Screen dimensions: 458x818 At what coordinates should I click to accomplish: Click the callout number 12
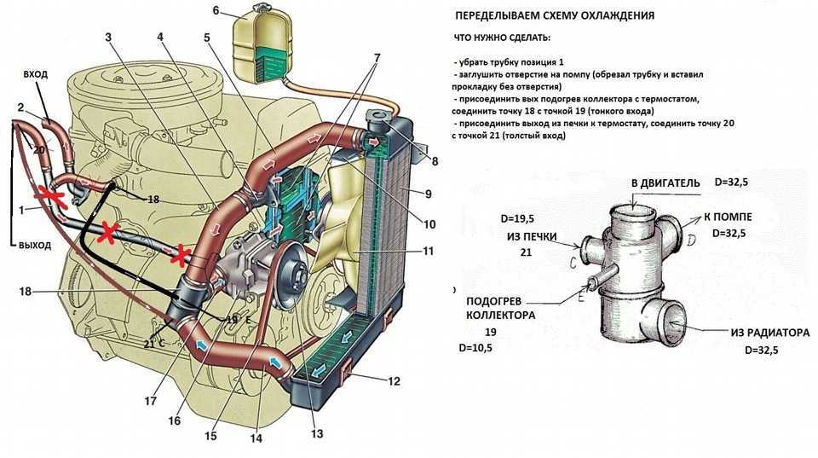(x=394, y=381)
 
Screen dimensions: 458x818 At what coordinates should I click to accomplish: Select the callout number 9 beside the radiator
(x=428, y=194)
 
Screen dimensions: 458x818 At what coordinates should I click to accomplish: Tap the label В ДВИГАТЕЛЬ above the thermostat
(x=665, y=183)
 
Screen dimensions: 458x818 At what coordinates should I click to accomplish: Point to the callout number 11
(x=427, y=251)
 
